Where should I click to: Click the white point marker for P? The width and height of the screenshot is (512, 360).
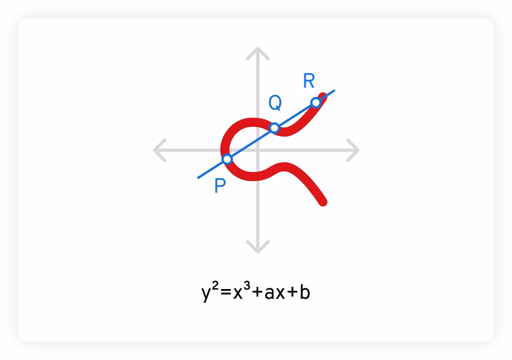pyautogui.click(x=227, y=159)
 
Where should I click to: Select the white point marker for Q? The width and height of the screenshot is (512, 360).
pyautogui.click(x=274, y=127)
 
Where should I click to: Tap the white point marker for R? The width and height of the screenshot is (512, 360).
pyautogui.click(x=315, y=103)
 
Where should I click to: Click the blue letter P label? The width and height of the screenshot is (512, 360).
pyautogui.click(x=220, y=186)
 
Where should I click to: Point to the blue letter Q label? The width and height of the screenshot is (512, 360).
pyautogui.click(x=275, y=103)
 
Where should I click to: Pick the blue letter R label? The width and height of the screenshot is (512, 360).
pyautogui.click(x=309, y=81)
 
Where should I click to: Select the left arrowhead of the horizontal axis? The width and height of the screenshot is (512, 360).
pyautogui.click(x=157, y=150)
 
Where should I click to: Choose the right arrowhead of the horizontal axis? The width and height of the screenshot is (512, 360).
pyautogui.click(x=355, y=150)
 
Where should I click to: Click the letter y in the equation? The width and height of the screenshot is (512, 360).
pyautogui.click(x=206, y=294)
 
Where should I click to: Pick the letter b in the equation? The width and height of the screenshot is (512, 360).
pyautogui.click(x=306, y=291)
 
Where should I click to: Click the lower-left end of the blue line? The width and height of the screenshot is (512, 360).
pyautogui.click(x=199, y=177)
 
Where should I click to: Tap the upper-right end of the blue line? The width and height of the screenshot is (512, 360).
pyautogui.click(x=334, y=91)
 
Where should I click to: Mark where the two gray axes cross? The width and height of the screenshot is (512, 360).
pyautogui.click(x=258, y=150)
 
